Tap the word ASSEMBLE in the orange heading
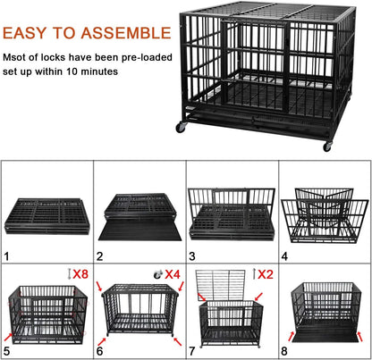pyautogui.click(x=124, y=35)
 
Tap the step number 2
pyautogui.click(x=102, y=256)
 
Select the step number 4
pyautogui.click(x=286, y=256)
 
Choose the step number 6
pyautogui.click(x=102, y=351)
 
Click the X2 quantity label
pyautogui.click(x=266, y=273)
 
